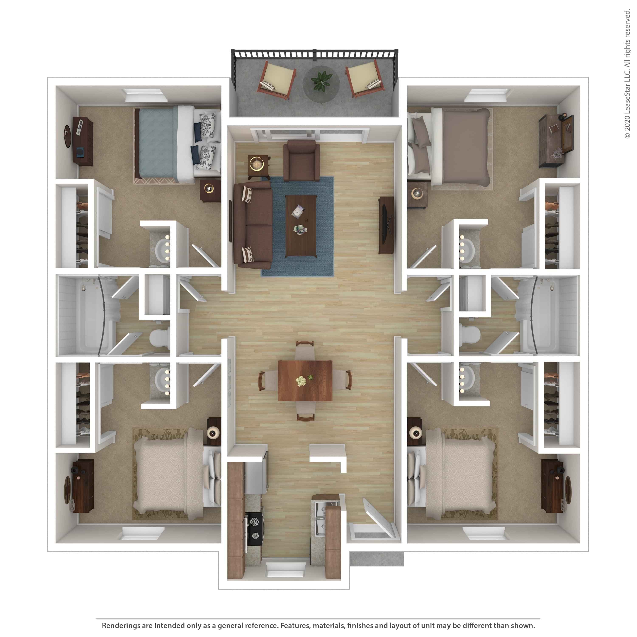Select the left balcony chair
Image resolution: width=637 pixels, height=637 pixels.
tap(277, 79)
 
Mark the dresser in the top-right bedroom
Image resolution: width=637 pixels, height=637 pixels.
tap(555, 140)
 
